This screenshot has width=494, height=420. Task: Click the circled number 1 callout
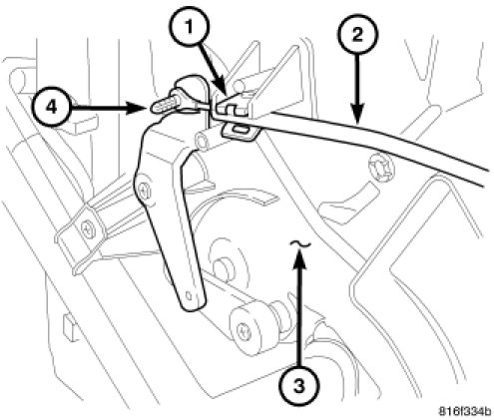coord(190,27)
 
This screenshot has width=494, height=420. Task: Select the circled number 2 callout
coord(357,34)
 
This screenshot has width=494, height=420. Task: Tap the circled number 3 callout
coord(299,386)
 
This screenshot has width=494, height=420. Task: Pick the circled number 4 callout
coord(51,108)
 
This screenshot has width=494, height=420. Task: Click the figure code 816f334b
coord(464,412)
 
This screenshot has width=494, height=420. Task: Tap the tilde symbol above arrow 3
coord(300,244)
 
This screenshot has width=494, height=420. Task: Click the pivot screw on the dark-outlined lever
coord(145,191)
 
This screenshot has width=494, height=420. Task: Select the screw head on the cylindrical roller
coord(244,331)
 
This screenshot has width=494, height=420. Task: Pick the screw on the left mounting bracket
coord(88,228)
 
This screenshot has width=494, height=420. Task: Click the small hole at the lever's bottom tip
coord(189,295)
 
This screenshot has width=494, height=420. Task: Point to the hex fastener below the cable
coord(380,165)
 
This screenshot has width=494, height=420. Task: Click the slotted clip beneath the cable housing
coord(241,131)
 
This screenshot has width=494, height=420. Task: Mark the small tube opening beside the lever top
coord(202,142)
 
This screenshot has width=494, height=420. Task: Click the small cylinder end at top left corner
coord(17,78)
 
